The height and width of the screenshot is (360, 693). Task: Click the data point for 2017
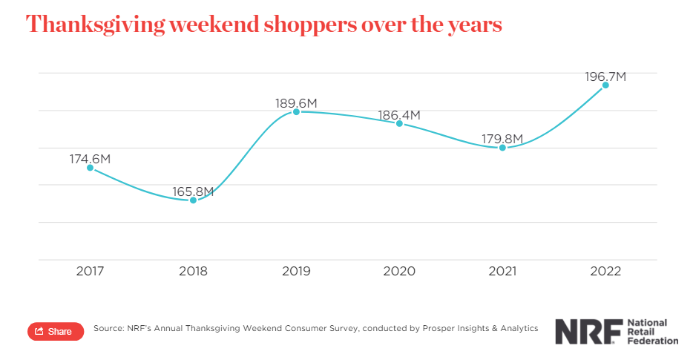[91, 168]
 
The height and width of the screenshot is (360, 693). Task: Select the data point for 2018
[194, 200]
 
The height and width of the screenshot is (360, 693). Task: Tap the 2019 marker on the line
[296, 111]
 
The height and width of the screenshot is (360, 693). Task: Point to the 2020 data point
[399, 123]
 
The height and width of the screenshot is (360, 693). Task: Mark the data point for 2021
[502, 148]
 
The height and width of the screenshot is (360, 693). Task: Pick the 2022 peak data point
[605, 85]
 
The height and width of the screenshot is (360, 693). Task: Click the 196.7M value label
[606, 76]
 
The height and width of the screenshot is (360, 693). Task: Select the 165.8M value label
[193, 192]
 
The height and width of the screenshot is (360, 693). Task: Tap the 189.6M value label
[296, 103]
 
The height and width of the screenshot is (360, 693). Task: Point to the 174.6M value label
[90, 159]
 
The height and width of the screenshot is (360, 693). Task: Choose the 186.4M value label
[399, 115]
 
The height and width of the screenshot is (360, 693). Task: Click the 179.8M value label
[502, 139]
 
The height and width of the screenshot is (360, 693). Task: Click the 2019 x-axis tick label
[296, 272]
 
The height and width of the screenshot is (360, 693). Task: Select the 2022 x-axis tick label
[605, 272]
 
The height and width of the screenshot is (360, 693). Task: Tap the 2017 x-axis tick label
[91, 272]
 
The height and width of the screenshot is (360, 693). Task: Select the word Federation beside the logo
[653, 341]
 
